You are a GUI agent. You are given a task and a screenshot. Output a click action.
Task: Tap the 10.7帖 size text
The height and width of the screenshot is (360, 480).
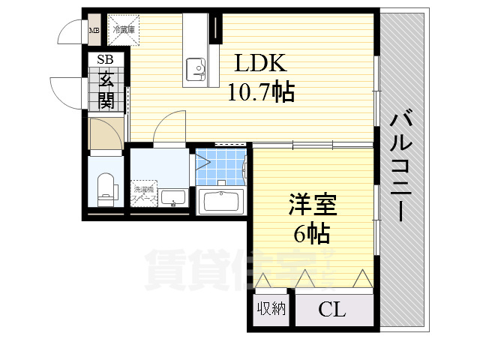point(260,92)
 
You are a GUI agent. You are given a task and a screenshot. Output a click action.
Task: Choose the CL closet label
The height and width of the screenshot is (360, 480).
point(331,309)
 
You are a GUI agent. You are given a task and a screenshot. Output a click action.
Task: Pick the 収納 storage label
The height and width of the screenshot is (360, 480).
point(271,309)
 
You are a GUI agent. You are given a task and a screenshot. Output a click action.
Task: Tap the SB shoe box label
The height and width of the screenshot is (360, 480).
point(103,59)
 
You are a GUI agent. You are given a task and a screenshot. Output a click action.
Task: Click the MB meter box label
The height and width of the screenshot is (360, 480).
point(94,31)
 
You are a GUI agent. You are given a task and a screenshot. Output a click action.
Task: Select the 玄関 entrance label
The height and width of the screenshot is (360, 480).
point(104,88)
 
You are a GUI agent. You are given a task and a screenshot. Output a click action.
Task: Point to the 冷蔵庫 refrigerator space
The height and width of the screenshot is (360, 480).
point(124,31)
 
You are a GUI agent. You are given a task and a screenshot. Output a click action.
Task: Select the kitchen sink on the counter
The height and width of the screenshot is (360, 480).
point(199,70)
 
